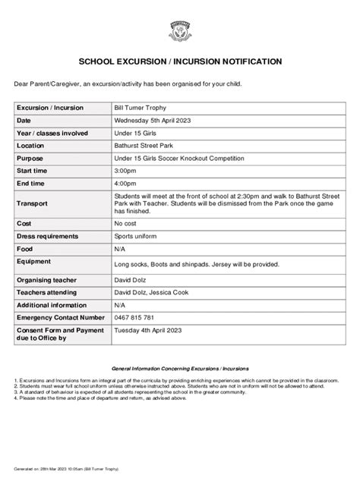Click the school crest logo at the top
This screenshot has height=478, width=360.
(x=179, y=30)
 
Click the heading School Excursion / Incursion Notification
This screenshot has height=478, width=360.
(x=180, y=61)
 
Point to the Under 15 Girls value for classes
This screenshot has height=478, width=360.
(x=136, y=133)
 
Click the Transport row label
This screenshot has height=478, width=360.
(x=33, y=204)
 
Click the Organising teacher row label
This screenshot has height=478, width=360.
(x=49, y=279)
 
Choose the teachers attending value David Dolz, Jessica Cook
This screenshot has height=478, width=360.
(x=156, y=291)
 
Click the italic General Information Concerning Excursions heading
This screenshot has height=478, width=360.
(x=179, y=366)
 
